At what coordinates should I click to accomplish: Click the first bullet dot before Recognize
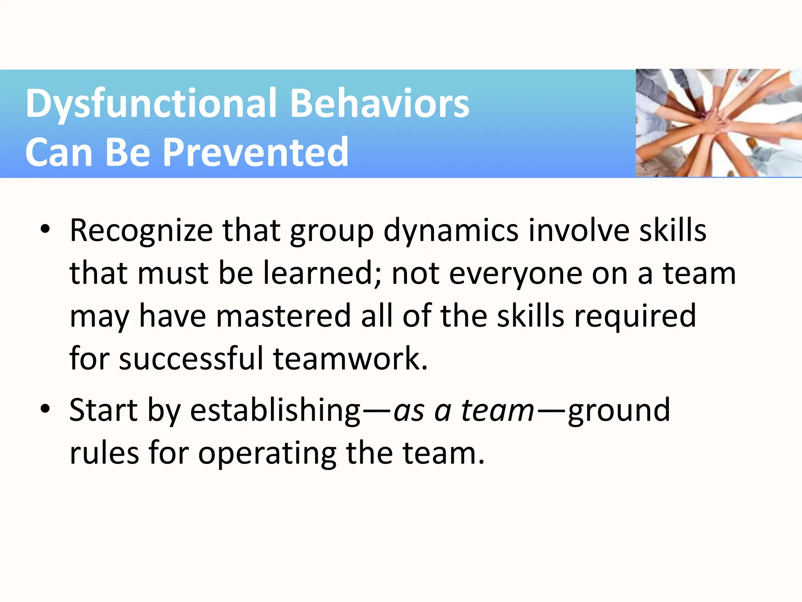point(45,229)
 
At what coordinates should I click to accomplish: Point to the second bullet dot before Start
point(45,409)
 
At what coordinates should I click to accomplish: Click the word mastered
point(284,316)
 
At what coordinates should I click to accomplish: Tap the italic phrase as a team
point(464,410)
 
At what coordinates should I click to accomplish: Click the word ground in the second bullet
point(619,411)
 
